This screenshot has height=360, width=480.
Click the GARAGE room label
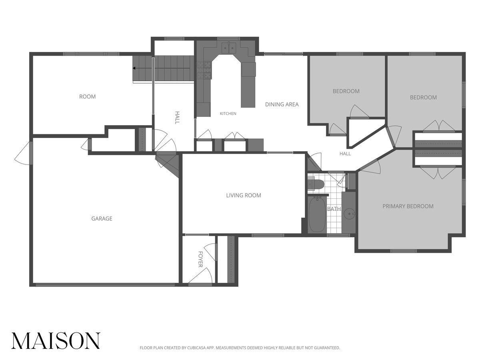(102, 218)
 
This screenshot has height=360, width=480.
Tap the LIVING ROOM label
(244, 195)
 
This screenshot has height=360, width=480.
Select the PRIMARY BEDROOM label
(408, 206)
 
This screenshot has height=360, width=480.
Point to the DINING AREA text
(282, 104)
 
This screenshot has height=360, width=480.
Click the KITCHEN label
(228, 114)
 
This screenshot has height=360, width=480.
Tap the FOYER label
(200, 259)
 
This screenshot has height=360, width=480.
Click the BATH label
(334, 209)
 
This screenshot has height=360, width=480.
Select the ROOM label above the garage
(87, 96)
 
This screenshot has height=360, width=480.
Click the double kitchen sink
(229, 47)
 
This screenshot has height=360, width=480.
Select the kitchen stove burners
(204, 70)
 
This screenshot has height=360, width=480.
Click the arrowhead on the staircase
(134, 68)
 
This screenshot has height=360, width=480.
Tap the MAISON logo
(56, 340)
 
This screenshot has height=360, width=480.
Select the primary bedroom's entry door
(370, 167)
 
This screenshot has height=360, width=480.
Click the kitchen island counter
(248, 85)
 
